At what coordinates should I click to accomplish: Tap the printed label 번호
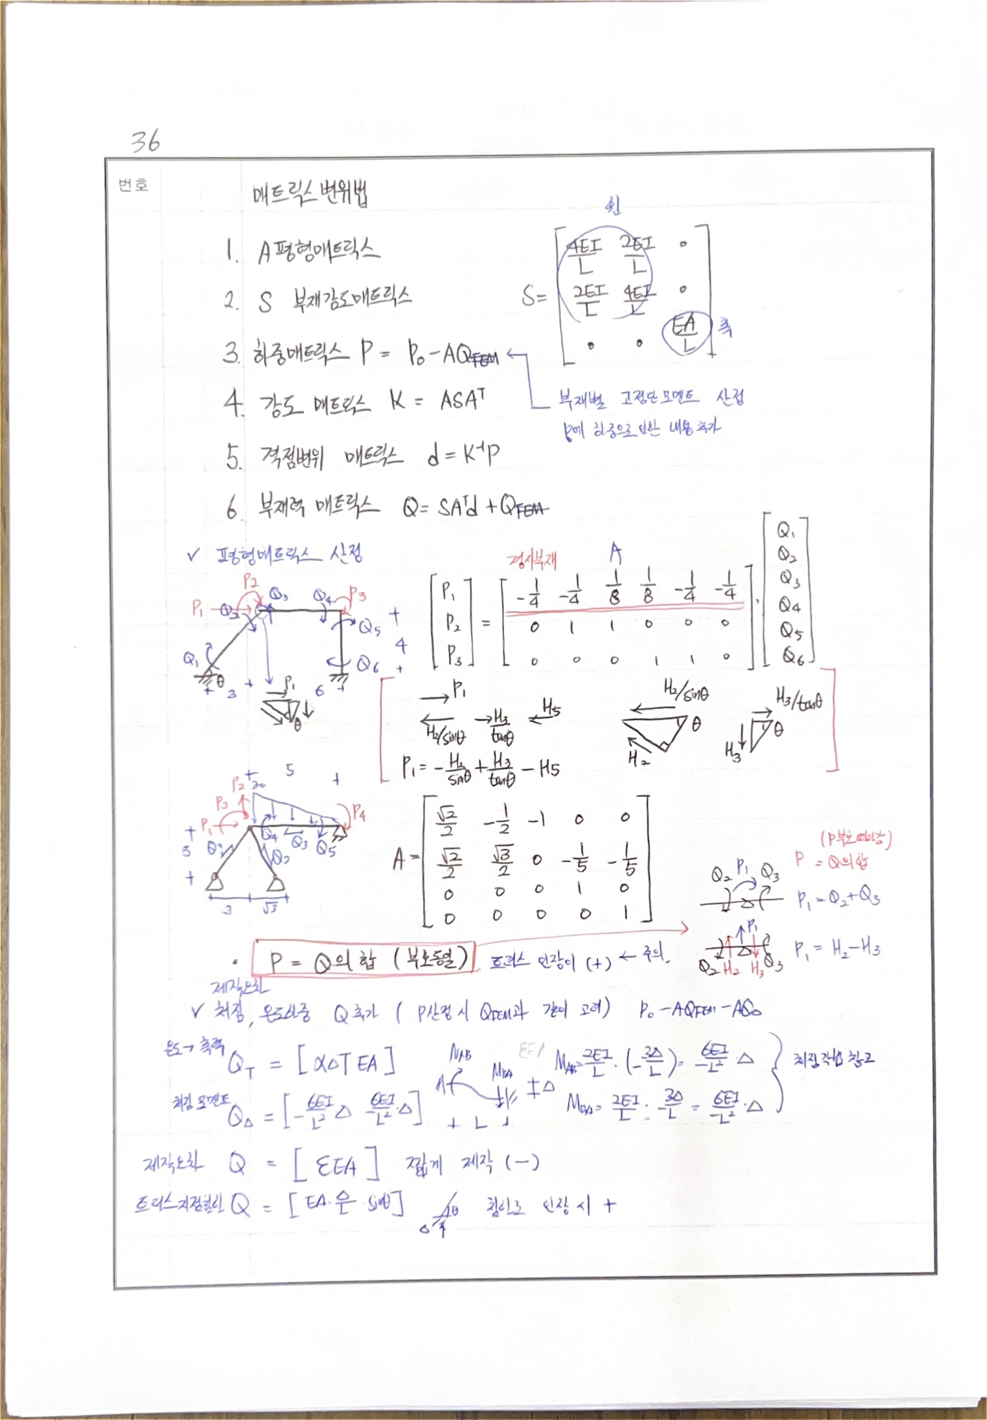click(133, 184)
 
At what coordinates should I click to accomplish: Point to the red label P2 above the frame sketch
click(251, 581)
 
